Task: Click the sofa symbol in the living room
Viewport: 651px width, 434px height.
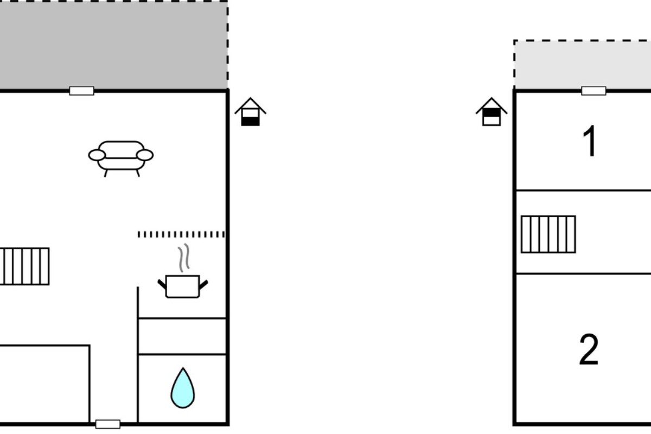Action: click(x=121, y=159)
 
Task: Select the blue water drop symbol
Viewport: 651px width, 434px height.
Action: click(x=183, y=388)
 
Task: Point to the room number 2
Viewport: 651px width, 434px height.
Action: click(x=589, y=349)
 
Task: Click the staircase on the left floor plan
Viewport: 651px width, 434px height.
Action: click(x=24, y=266)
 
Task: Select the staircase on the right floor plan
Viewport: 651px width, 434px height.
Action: click(x=548, y=234)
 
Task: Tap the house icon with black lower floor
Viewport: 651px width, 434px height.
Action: click(x=251, y=112)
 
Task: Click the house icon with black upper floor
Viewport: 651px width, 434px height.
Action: click(x=492, y=112)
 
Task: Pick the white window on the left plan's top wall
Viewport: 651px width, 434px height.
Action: click(x=82, y=91)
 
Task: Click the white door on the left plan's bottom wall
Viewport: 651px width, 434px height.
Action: click(x=108, y=424)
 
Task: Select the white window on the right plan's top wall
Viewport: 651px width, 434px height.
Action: click(x=593, y=91)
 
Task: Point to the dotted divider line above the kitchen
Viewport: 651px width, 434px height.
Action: click(x=181, y=234)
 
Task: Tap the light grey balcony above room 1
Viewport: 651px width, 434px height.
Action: click(x=583, y=65)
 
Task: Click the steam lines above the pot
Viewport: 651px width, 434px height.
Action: click(x=184, y=258)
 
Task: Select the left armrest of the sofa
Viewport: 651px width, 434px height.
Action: click(x=97, y=155)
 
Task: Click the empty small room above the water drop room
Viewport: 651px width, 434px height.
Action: click(x=182, y=336)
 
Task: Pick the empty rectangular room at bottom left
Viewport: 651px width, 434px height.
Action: click(x=44, y=384)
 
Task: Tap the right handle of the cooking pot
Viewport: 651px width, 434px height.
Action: click(x=203, y=285)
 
